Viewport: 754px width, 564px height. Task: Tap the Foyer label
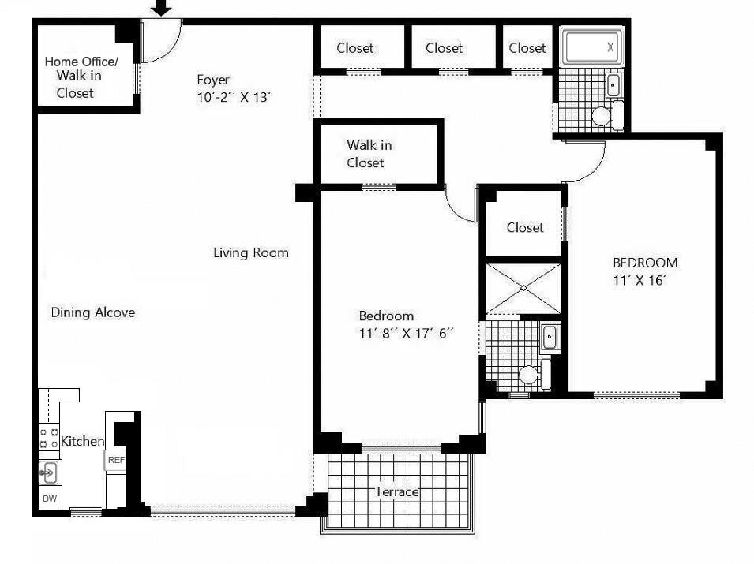213,79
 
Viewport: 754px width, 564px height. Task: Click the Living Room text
251,253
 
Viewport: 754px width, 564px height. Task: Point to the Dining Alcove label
93,312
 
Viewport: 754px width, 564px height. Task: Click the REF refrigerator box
116,460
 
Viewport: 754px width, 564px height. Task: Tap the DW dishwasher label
49,499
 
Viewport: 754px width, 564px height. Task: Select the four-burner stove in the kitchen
49,438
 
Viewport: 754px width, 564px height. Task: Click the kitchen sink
48,473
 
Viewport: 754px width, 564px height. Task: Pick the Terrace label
396,492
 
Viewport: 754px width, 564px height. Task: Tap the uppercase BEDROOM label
645,263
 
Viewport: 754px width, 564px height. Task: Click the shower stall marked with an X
523,289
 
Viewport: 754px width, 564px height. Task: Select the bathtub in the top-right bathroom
591,47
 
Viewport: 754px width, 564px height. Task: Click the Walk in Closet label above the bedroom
369,154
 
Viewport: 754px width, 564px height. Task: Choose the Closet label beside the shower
525,227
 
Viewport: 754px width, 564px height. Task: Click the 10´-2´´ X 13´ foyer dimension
235,97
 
